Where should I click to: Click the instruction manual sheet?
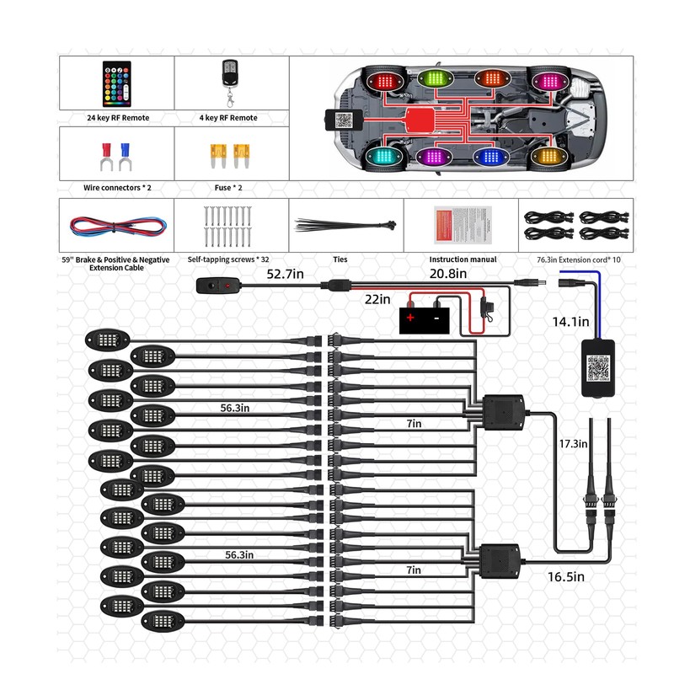(458, 224)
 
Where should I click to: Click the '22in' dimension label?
(377, 299)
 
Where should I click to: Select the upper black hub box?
(502, 410)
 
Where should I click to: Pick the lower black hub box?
(500, 559)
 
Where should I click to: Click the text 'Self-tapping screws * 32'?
(234, 259)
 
